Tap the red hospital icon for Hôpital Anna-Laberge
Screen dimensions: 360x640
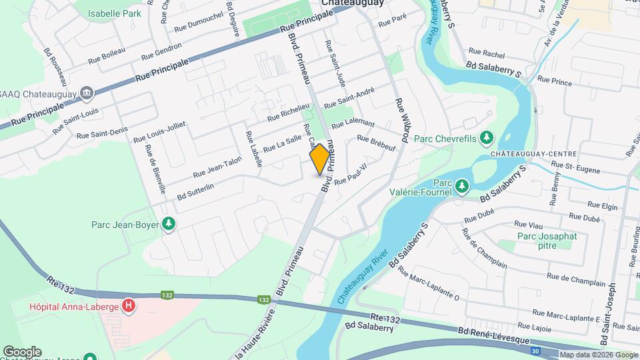tap(129, 307)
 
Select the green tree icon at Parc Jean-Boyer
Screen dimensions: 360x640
tap(169, 224)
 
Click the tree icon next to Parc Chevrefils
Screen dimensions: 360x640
tap(488, 138)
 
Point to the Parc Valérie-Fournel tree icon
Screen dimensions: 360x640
tap(461, 185)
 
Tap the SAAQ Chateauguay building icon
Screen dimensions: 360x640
tap(86, 93)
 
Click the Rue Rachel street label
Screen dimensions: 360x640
tap(487, 51)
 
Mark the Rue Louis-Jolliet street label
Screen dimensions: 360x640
tap(159, 133)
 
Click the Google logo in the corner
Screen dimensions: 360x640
tap(22, 351)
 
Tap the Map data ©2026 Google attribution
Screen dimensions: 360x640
tap(598, 355)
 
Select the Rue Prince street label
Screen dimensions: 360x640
tap(555, 81)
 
